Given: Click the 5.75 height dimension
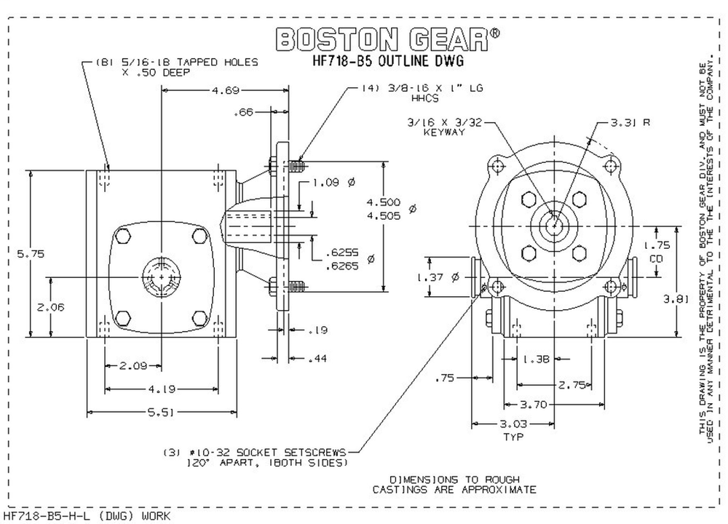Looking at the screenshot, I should coord(30,254).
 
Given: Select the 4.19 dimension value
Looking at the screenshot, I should coord(162,386).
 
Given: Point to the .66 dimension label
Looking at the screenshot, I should coord(243,113).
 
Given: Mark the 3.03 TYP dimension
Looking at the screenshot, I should coord(514,429).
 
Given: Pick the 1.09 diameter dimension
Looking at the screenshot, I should coord(328,183).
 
